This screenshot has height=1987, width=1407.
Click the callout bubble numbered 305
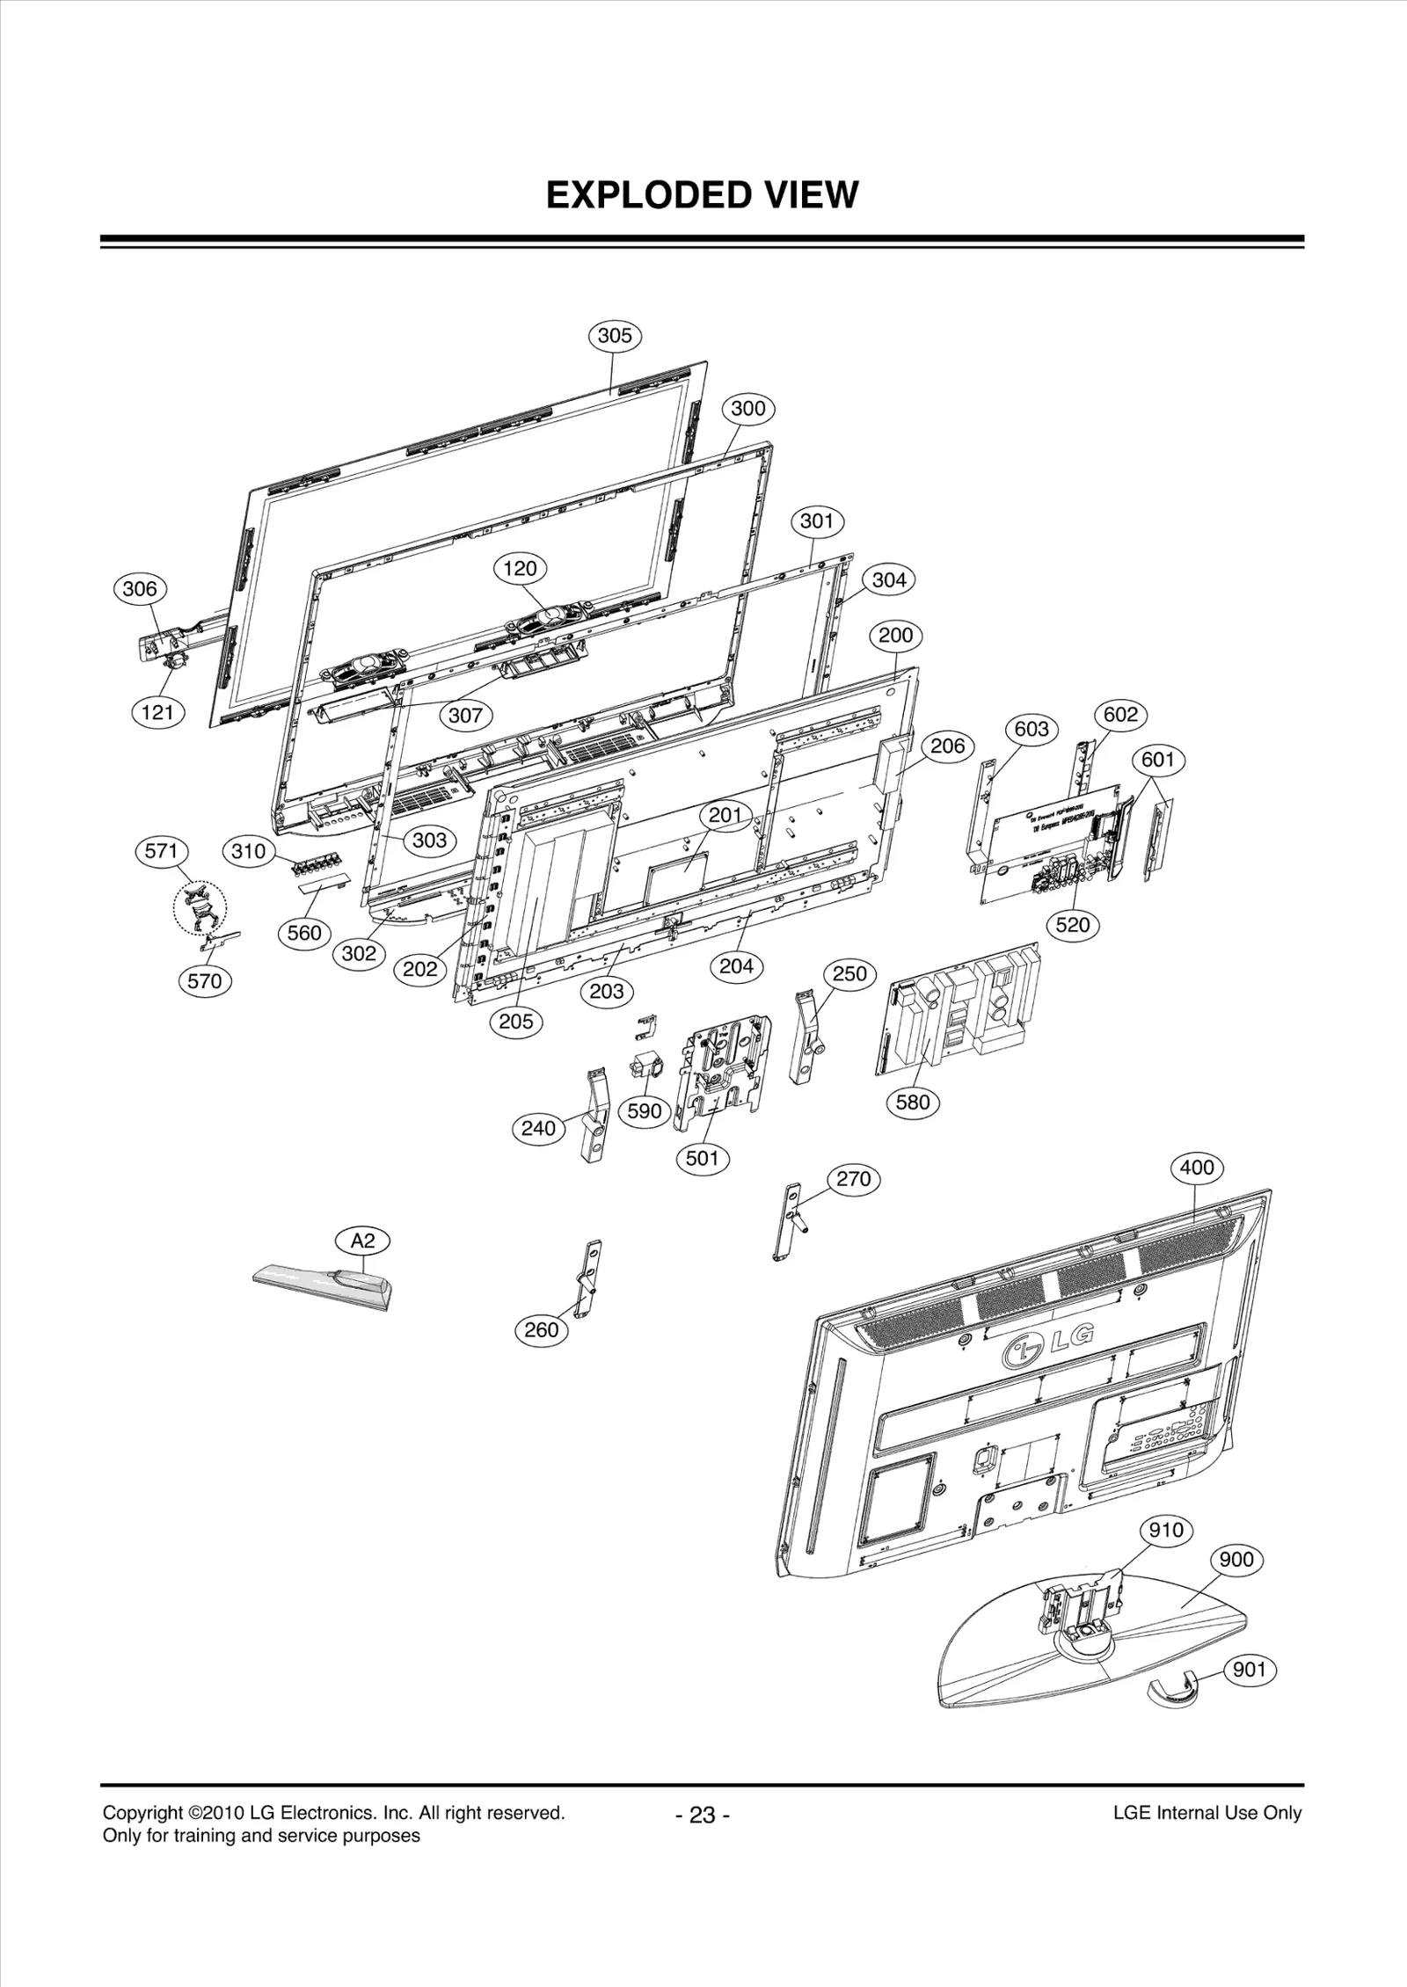click(x=615, y=335)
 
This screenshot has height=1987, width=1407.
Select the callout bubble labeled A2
click(x=363, y=1241)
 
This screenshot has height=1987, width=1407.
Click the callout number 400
click(x=1197, y=1168)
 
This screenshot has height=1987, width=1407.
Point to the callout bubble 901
click(x=1249, y=1668)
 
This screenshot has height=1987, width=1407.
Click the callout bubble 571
click(x=162, y=851)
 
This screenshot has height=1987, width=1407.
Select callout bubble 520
click(x=1073, y=924)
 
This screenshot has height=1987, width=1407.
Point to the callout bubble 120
click(x=520, y=568)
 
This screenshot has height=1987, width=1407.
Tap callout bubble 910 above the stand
click(x=1166, y=1530)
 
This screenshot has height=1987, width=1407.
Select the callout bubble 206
click(x=947, y=746)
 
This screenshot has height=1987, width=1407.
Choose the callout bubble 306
click(x=140, y=588)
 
